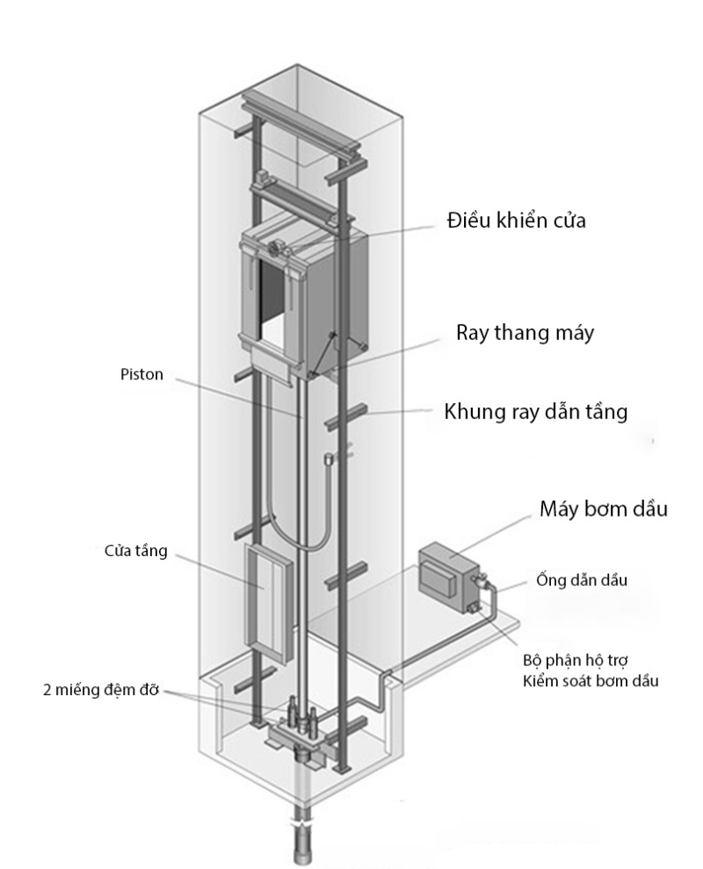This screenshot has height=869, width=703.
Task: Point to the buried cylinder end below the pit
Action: tap(303, 844)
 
